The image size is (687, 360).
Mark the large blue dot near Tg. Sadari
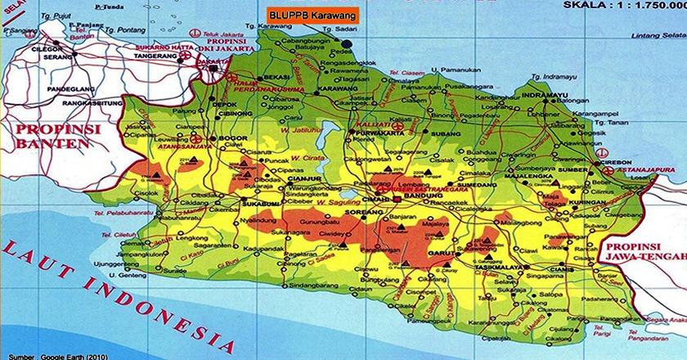coord(348,42)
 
